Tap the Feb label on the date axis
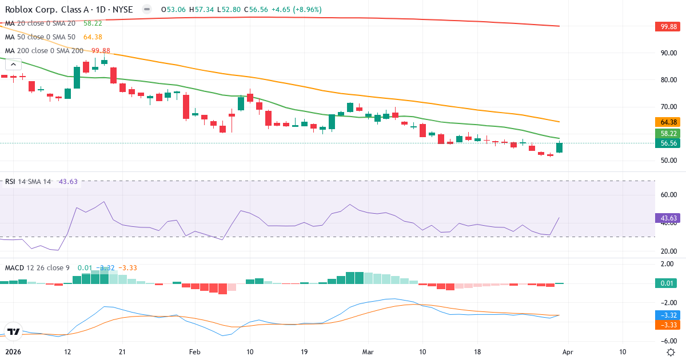196,352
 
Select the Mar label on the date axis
368,352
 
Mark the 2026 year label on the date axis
12,352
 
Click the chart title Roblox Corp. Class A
43,10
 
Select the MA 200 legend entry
43,50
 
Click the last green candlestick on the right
559,147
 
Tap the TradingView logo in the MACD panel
14,331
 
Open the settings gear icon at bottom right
671,352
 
